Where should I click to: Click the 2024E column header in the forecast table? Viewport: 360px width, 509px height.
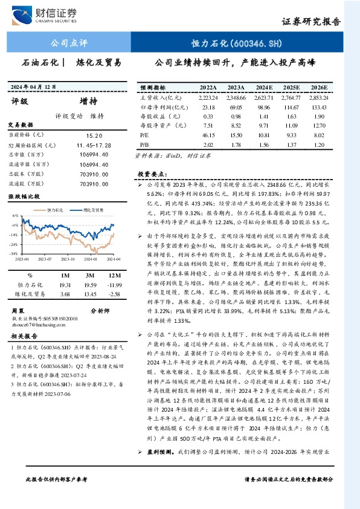click(263, 87)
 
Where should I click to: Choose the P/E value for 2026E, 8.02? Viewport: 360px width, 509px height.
click(318, 135)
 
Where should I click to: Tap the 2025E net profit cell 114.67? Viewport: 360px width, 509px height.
click(291, 106)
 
